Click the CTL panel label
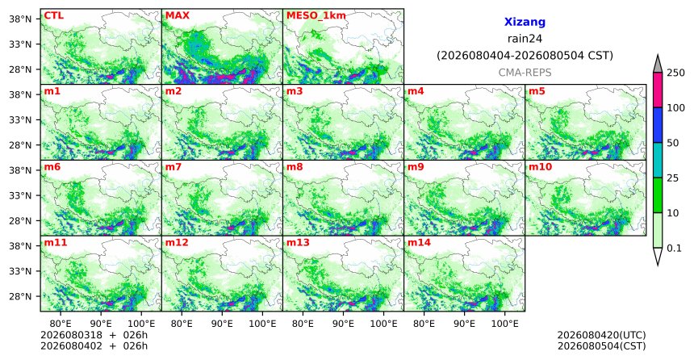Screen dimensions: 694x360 [53, 15]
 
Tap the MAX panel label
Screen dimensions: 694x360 [177, 15]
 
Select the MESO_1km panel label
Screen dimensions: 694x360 [316, 15]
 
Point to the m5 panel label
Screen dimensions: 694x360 [537, 91]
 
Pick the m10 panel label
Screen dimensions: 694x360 [540, 167]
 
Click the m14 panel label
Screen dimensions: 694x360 [419, 243]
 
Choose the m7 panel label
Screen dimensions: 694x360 [173, 167]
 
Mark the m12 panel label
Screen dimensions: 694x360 [177, 243]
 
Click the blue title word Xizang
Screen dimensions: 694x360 [525, 22]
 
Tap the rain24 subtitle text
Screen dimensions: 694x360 [525, 39]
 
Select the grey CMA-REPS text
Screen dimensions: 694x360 [525, 72]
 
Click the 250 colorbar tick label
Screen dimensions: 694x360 [675, 73]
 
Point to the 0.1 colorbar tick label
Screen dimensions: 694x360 [674, 248]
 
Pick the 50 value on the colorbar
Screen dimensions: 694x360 [672, 143]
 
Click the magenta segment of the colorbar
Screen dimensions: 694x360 [657, 90]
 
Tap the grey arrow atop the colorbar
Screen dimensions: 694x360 [657, 64]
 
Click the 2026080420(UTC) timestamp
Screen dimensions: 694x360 [601, 335]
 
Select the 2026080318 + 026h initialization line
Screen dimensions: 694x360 [94, 335]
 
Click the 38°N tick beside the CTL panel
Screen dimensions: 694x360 [20, 19]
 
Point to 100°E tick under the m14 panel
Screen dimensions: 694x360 [504, 324]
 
